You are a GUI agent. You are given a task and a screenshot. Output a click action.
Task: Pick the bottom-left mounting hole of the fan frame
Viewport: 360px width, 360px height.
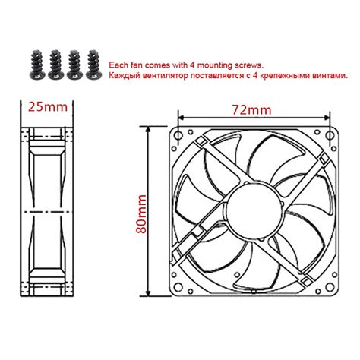[179, 283]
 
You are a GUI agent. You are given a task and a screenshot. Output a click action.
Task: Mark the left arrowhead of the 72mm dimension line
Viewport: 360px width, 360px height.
[182, 118]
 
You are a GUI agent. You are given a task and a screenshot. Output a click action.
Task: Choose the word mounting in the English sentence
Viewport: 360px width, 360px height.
[219, 65]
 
